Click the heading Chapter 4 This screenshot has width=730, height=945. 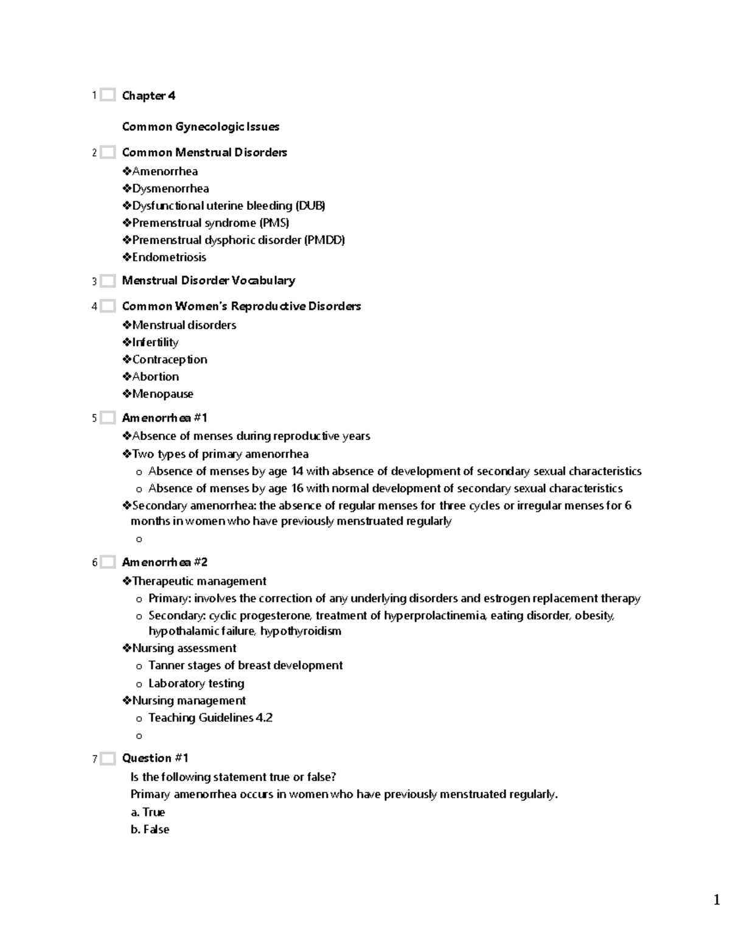click(x=148, y=96)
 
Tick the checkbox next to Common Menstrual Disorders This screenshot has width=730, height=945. click(x=108, y=152)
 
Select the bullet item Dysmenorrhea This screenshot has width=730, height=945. click(x=170, y=189)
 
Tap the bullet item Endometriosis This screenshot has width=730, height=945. click(x=169, y=257)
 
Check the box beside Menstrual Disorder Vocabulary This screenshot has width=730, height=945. click(x=108, y=281)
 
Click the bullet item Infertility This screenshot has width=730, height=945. click(x=155, y=342)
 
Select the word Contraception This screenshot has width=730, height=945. click(x=170, y=360)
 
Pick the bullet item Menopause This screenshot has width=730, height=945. click(x=162, y=394)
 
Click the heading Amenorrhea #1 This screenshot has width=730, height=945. click(x=164, y=418)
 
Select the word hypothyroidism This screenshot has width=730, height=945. click(x=301, y=631)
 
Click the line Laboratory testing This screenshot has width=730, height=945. click(x=196, y=683)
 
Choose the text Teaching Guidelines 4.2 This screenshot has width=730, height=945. click(x=210, y=718)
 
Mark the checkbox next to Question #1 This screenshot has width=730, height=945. click(x=108, y=758)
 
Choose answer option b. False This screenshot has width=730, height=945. click(x=150, y=829)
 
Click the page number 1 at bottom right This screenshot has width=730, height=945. click(x=717, y=899)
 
